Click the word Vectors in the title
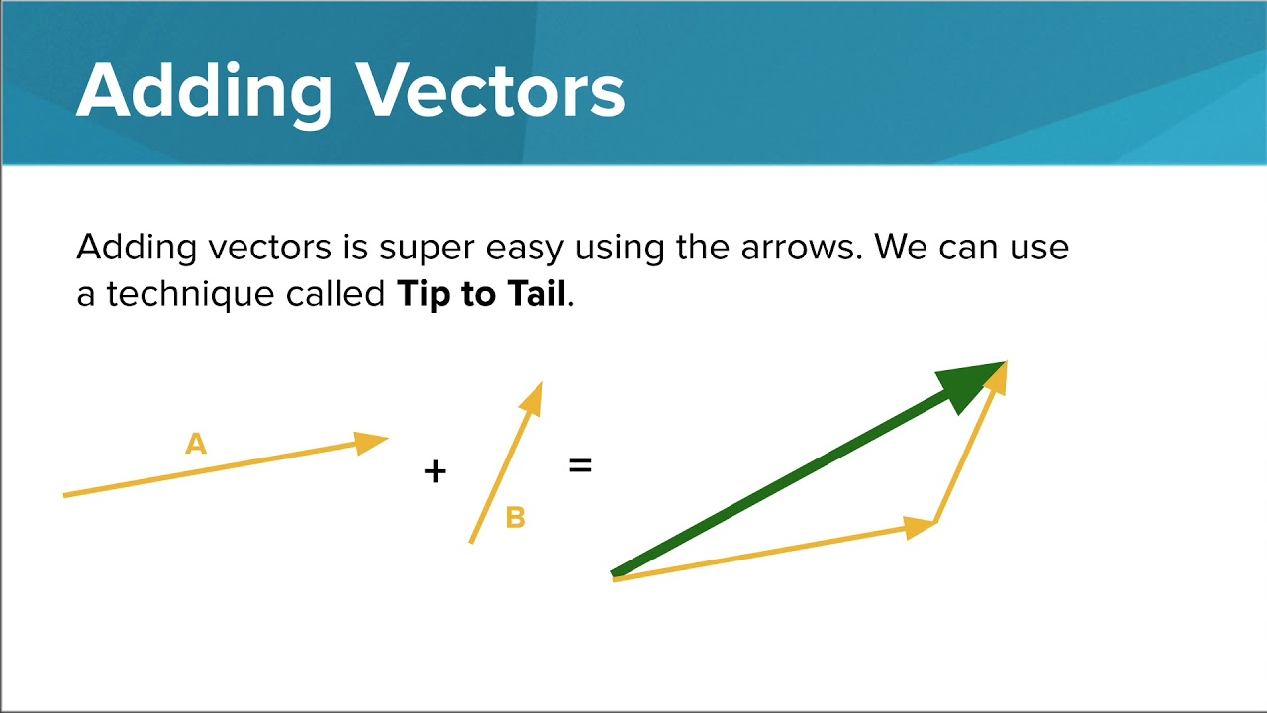pos(491,91)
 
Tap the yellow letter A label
pos(196,444)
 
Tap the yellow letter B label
pos(515,517)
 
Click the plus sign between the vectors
pos(435,471)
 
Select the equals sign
pos(580,463)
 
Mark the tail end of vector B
pos(472,540)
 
